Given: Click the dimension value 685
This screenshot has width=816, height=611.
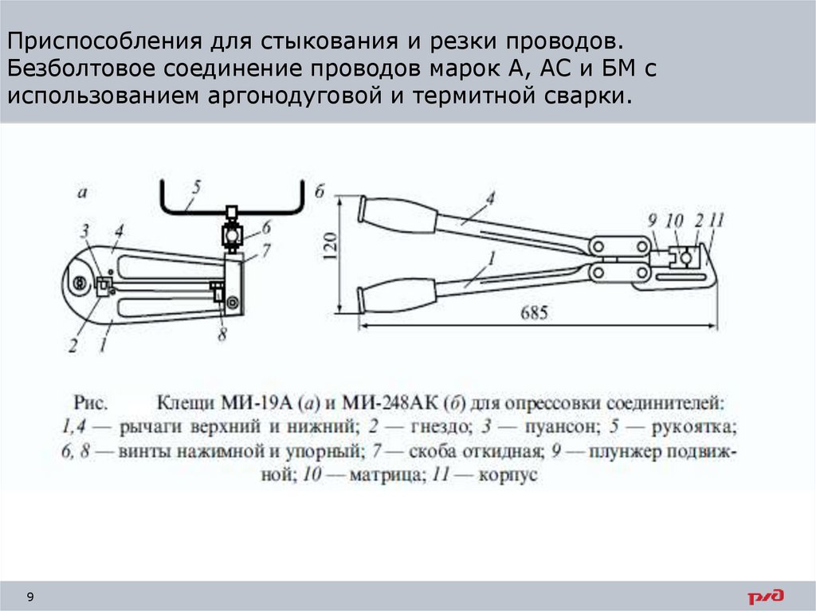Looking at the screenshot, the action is (535, 313).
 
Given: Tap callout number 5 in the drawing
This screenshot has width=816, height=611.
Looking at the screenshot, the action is (195, 188).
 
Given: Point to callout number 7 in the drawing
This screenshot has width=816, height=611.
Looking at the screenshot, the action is (267, 250).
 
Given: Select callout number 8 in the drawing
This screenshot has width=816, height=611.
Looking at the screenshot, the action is (222, 335).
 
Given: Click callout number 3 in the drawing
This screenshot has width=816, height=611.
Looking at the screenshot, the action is (84, 232).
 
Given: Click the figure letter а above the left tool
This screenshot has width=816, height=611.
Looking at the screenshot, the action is (81, 191).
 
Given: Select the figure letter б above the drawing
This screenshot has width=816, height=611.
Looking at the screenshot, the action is (320, 191).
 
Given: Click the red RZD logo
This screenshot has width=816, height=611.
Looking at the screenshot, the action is (765, 596).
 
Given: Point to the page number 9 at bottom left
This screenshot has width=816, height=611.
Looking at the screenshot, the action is (30, 597).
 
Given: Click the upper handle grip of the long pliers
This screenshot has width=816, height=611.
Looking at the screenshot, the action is (401, 213).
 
